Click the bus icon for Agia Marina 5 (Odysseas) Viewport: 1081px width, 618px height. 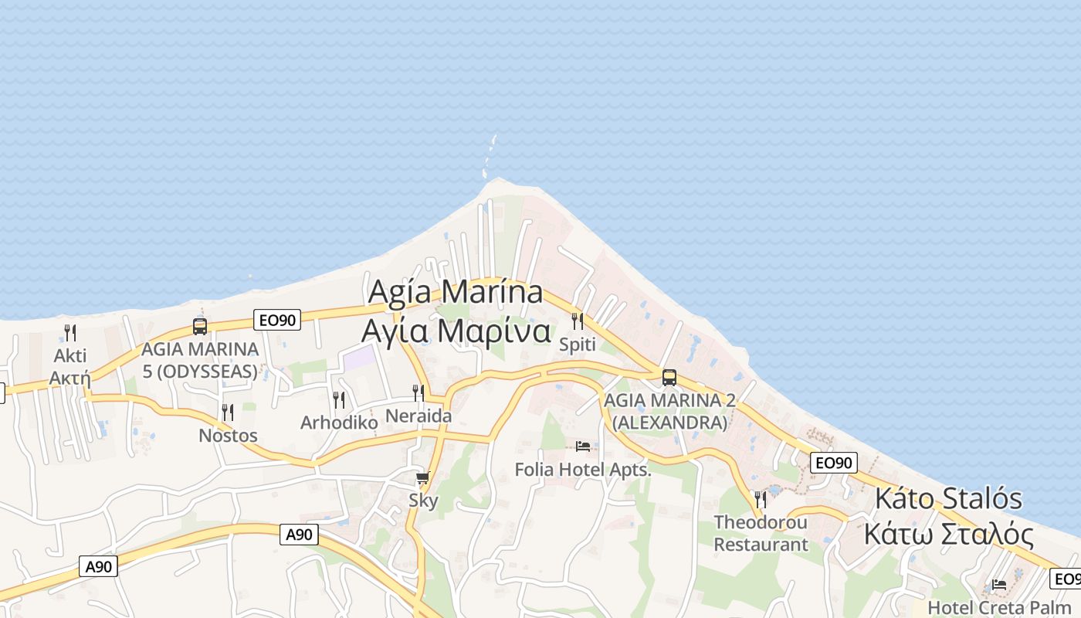point(200,327)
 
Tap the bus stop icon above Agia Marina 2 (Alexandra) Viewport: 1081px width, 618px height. point(669,378)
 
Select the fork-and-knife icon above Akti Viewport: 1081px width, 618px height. point(70,333)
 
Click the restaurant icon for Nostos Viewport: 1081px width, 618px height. point(228,413)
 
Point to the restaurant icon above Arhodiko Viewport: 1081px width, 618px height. point(339,399)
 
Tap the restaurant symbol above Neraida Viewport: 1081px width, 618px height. point(418,392)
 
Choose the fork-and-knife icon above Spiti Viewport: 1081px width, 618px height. point(578,321)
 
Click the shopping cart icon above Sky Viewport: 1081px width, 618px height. point(422,478)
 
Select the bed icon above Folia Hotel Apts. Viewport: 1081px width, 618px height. point(583,447)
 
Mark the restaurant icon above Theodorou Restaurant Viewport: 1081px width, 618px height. point(761,499)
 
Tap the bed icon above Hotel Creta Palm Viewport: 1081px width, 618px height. point(999,585)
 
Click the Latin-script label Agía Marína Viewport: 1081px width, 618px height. point(456,293)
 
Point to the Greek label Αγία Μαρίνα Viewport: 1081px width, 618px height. point(456,331)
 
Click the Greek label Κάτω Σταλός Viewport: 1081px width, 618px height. point(948,534)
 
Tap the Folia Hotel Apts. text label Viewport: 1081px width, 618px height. point(583,469)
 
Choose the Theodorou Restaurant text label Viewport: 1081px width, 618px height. point(761,533)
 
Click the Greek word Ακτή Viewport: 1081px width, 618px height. point(70,379)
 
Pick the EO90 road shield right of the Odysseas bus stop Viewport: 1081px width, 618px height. point(276,320)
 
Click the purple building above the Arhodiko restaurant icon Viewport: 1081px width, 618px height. point(358,358)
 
